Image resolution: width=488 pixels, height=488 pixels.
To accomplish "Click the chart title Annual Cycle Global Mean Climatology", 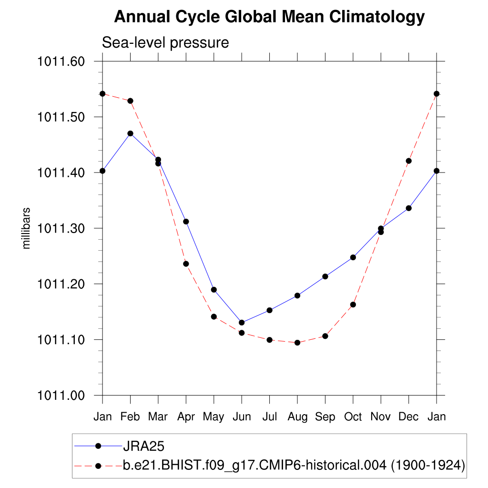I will point(269,17).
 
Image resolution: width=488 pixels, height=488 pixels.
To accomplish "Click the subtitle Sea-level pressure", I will point(165,43).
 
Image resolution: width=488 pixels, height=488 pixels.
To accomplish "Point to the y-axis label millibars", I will point(27,228).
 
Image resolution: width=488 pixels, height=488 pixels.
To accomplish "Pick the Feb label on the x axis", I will point(130,417).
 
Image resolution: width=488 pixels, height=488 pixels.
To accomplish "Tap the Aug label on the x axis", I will point(297,417).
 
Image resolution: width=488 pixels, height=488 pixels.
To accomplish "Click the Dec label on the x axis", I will point(408,417).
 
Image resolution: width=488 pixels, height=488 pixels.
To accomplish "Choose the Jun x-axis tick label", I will point(242,417).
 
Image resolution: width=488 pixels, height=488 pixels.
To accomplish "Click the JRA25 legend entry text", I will point(143,446).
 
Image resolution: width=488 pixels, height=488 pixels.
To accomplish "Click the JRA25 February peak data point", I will point(130,133).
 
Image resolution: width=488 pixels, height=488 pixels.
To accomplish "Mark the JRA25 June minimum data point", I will point(242,323).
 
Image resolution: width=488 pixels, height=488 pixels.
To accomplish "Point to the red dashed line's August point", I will point(297,343).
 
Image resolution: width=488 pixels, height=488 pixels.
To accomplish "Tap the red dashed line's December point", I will point(408,161).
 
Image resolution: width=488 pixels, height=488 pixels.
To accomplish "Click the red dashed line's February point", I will point(130,101).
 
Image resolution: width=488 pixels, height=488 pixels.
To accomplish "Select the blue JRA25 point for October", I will point(353,257).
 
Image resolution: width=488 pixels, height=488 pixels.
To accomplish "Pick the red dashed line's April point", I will point(186,264).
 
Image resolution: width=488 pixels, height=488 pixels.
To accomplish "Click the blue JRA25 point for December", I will point(408,208).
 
